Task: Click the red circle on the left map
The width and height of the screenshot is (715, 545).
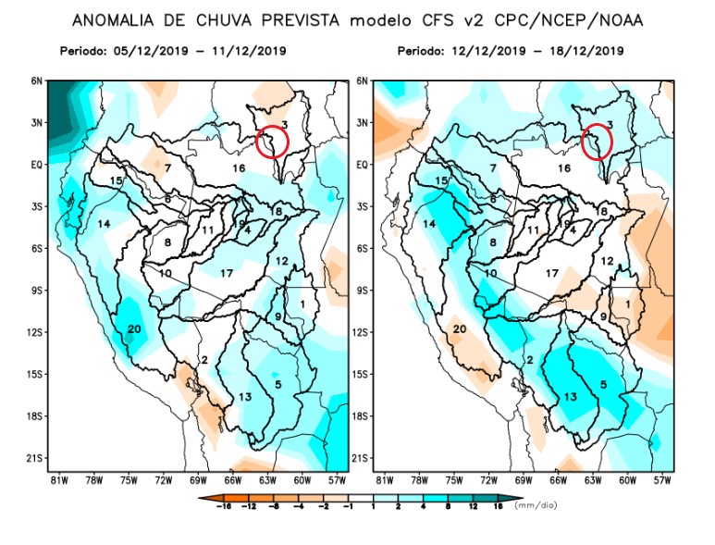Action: point(272,140)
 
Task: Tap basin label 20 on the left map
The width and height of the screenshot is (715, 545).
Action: point(133,329)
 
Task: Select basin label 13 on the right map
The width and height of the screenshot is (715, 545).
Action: point(570,397)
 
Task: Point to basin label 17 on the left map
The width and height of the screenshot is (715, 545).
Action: point(227,272)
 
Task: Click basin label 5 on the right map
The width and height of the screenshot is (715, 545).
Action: point(604,384)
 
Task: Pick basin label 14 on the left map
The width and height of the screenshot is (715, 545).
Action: point(105,225)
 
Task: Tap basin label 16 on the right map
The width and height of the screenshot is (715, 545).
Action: point(564,168)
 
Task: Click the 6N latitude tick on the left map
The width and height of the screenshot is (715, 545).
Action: point(36,81)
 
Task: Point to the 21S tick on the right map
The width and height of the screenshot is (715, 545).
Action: point(362,458)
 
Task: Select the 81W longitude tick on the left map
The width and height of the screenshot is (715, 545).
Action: point(58,480)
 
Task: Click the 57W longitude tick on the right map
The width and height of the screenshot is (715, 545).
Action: point(662,480)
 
